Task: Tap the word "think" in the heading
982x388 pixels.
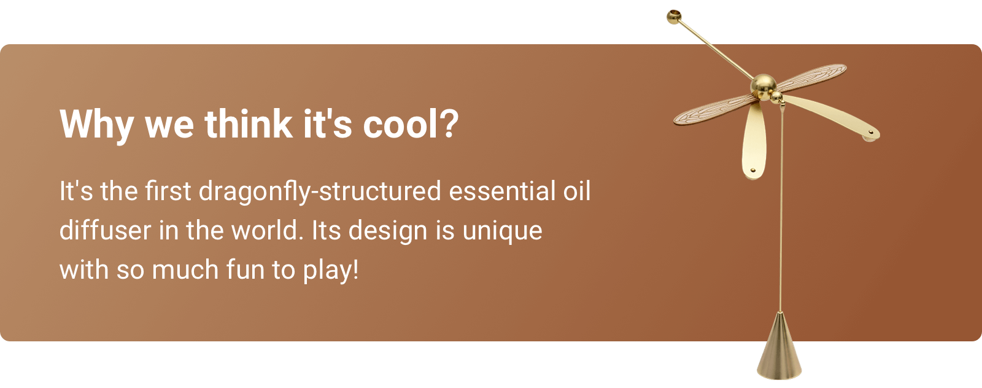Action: (249, 123)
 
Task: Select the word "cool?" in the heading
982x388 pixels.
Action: (411, 124)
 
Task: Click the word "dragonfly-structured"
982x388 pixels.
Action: (320, 192)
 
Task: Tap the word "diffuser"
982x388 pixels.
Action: (105, 230)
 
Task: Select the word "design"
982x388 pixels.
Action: (388, 231)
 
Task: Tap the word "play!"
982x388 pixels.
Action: (331, 270)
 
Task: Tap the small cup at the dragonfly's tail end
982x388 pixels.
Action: (674, 17)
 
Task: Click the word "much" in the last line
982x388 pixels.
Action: (185, 269)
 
